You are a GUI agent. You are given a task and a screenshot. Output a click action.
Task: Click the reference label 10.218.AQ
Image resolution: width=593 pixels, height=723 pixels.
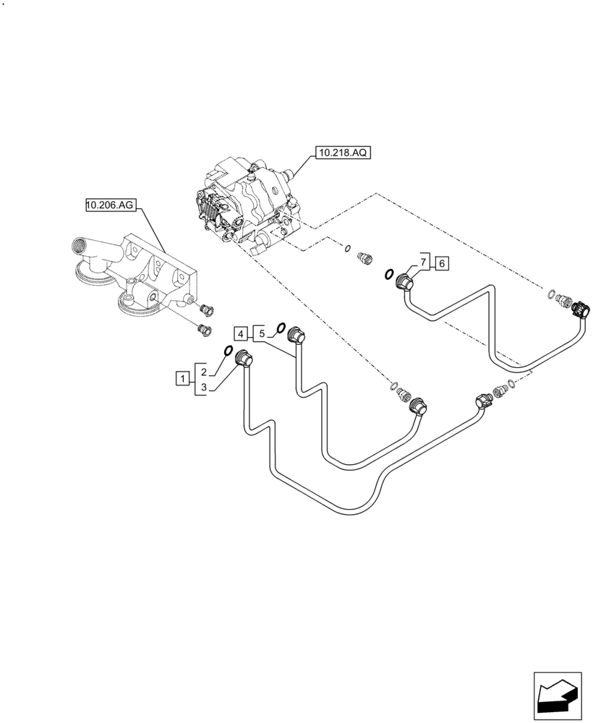coord(342,153)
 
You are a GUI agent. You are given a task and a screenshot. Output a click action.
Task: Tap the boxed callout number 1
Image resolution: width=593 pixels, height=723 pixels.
coord(184,377)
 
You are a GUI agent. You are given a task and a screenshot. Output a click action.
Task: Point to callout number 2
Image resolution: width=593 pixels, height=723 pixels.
coord(205,372)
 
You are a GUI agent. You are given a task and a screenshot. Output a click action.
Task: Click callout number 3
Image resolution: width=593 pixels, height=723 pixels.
coord(205,388)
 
